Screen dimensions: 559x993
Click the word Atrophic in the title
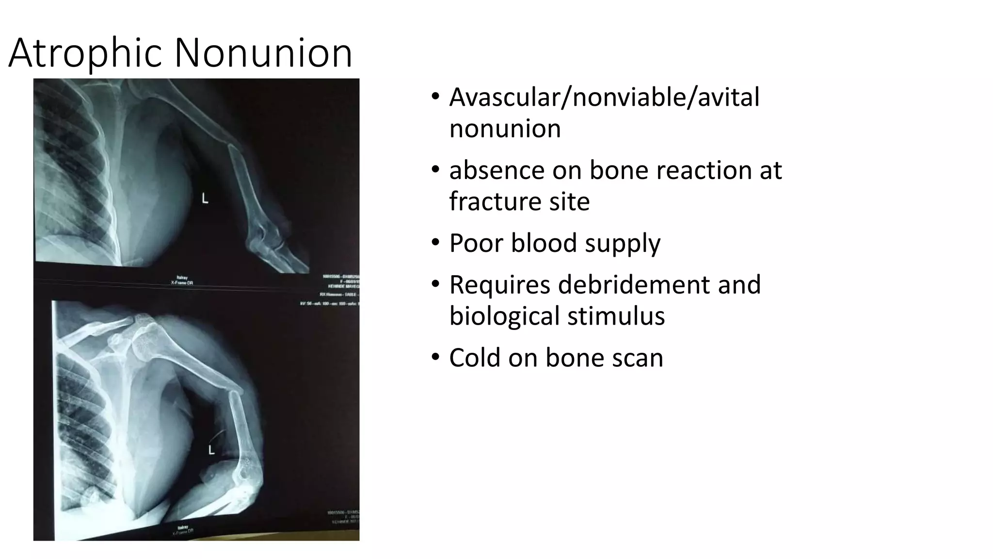(x=85, y=53)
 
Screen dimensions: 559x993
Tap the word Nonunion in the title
(x=263, y=53)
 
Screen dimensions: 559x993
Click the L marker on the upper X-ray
(x=205, y=198)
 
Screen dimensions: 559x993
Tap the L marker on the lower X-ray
(x=211, y=450)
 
